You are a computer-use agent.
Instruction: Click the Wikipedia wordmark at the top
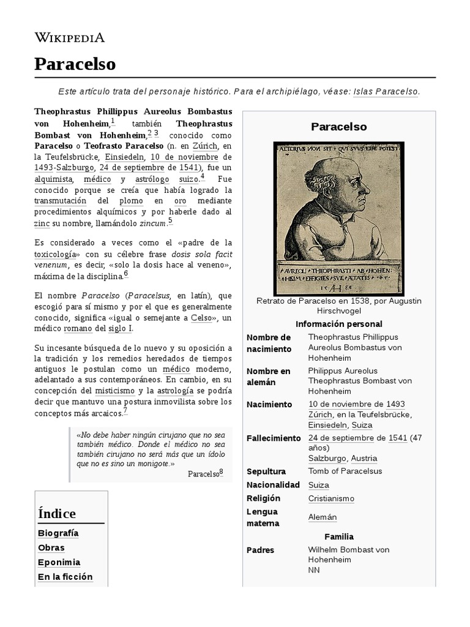(x=69, y=38)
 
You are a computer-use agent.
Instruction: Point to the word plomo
(x=132, y=200)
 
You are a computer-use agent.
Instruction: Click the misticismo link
(x=114, y=390)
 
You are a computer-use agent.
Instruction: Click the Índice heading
(x=57, y=513)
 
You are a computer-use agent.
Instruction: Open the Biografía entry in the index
(x=58, y=533)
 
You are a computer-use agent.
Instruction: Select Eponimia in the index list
(x=59, y=562)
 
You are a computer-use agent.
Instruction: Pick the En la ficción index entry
(x=65, y=577)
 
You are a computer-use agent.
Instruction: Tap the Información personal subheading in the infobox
(x=338, y=324)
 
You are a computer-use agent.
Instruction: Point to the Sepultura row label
(x=266, y=471)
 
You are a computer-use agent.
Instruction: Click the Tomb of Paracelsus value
(x=345, y=471)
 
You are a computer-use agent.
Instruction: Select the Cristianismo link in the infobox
(x=331, y=498)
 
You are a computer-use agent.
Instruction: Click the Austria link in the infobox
(x=364, y=458)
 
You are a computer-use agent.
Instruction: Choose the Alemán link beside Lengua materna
(x=323, y=517)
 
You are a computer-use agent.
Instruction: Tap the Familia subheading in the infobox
(x=339, y=536)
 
